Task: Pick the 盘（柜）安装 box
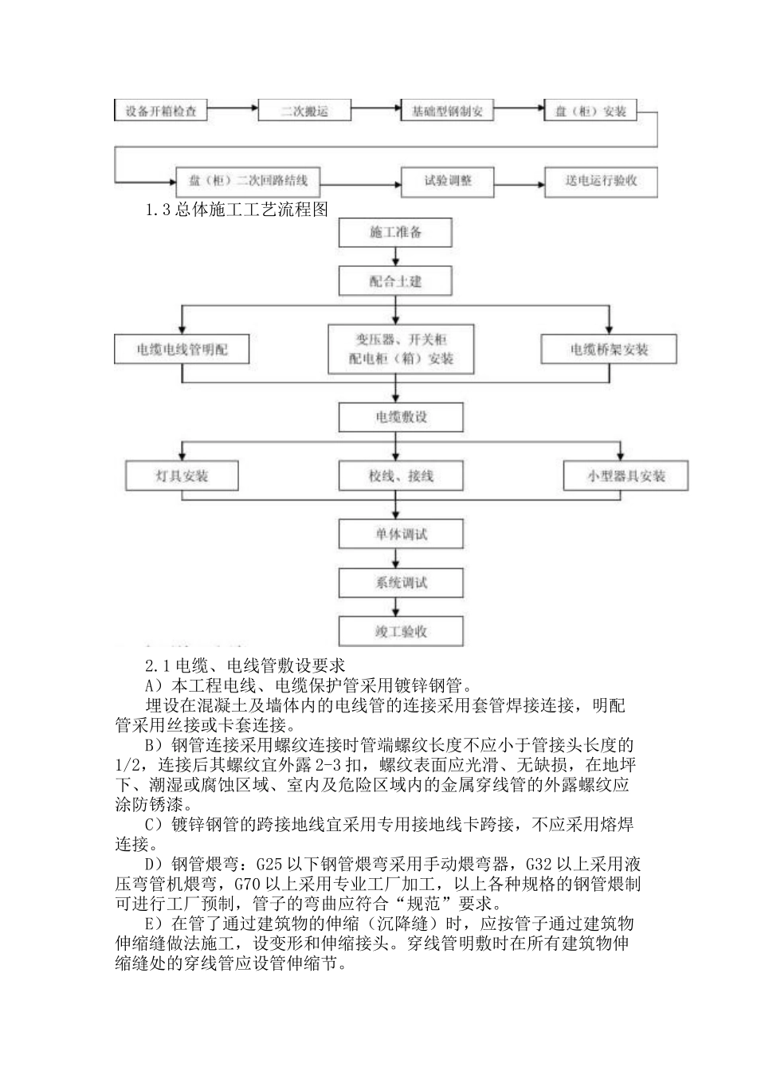tap(590, 112)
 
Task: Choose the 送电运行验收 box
tap(602, 182)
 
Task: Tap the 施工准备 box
tap(396, 233)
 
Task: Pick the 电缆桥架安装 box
tap(609, 350)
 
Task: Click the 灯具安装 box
tap(182, 477)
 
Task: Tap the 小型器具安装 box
tap(626, 477)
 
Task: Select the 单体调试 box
tap(401, 533)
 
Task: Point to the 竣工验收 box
tap(401, 632)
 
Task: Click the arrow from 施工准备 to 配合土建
tap(396, 257)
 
